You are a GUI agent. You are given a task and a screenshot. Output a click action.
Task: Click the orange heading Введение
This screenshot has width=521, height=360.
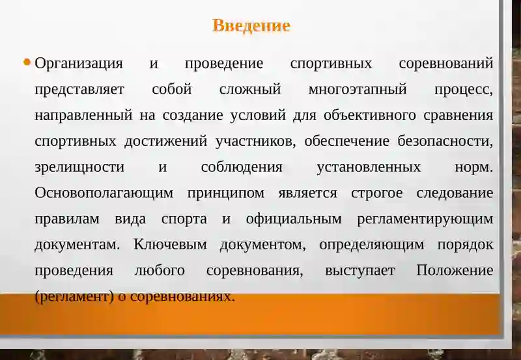[x=251, y=26]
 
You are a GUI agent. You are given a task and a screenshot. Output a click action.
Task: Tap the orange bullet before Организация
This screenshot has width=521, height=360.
[x=27, y=63]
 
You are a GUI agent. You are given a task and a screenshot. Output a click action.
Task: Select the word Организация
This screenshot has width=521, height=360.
[x=79, y=64]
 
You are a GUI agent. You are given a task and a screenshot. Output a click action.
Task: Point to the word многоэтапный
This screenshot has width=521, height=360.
[x=357, y=90]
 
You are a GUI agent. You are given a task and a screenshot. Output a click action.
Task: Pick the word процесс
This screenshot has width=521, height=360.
[x=463, y=90]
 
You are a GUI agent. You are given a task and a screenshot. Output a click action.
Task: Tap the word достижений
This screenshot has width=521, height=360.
[x=166, y=141]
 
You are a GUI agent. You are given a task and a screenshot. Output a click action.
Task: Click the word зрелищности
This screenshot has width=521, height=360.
[x=79, y=167]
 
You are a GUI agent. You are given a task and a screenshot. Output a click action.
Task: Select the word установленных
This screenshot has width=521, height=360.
[x=369, y=167]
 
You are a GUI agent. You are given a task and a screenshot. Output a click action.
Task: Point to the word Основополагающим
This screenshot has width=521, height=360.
[x=104, y=193]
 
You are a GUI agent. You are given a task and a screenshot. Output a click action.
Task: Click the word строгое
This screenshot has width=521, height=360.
[x=376, y=193]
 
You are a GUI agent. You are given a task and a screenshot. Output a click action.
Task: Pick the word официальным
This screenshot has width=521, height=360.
[x=294, y=219]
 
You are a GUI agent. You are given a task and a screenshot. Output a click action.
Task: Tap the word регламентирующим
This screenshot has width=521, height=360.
[x=425, y=219]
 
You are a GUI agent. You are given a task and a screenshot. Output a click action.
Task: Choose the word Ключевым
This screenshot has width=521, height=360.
[x=170, y=245]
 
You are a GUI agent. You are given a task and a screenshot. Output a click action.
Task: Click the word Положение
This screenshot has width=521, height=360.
[x=455, y=271]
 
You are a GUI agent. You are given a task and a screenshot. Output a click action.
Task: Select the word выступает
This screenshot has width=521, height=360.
[x=359, y=271]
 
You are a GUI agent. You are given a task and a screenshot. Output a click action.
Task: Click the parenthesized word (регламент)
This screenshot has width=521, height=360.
[x=74, y=297]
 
